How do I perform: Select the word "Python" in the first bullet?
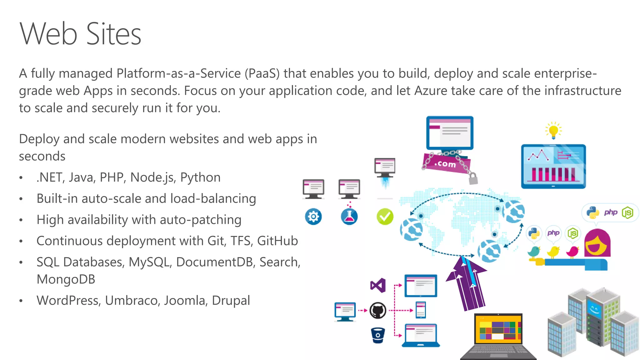pos(200,177)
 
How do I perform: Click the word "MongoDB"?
pos(66,279)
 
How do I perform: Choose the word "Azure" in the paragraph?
pos(431,91)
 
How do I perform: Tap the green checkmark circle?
pos(385,217)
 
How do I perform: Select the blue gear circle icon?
pos(313,217)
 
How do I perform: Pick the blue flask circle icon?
pos(349,217)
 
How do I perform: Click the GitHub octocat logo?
pos(378,310)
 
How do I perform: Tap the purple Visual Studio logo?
pos(378,285)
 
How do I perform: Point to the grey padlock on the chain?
pos(473,179)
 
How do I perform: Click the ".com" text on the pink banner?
pos(445,164)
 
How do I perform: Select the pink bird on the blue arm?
pos(573,251)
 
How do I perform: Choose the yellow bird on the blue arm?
pos(553,251)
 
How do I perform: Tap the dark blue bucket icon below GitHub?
pos(378,335)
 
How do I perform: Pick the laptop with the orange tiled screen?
pos(498,334)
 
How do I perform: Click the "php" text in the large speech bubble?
pos(610,212)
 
